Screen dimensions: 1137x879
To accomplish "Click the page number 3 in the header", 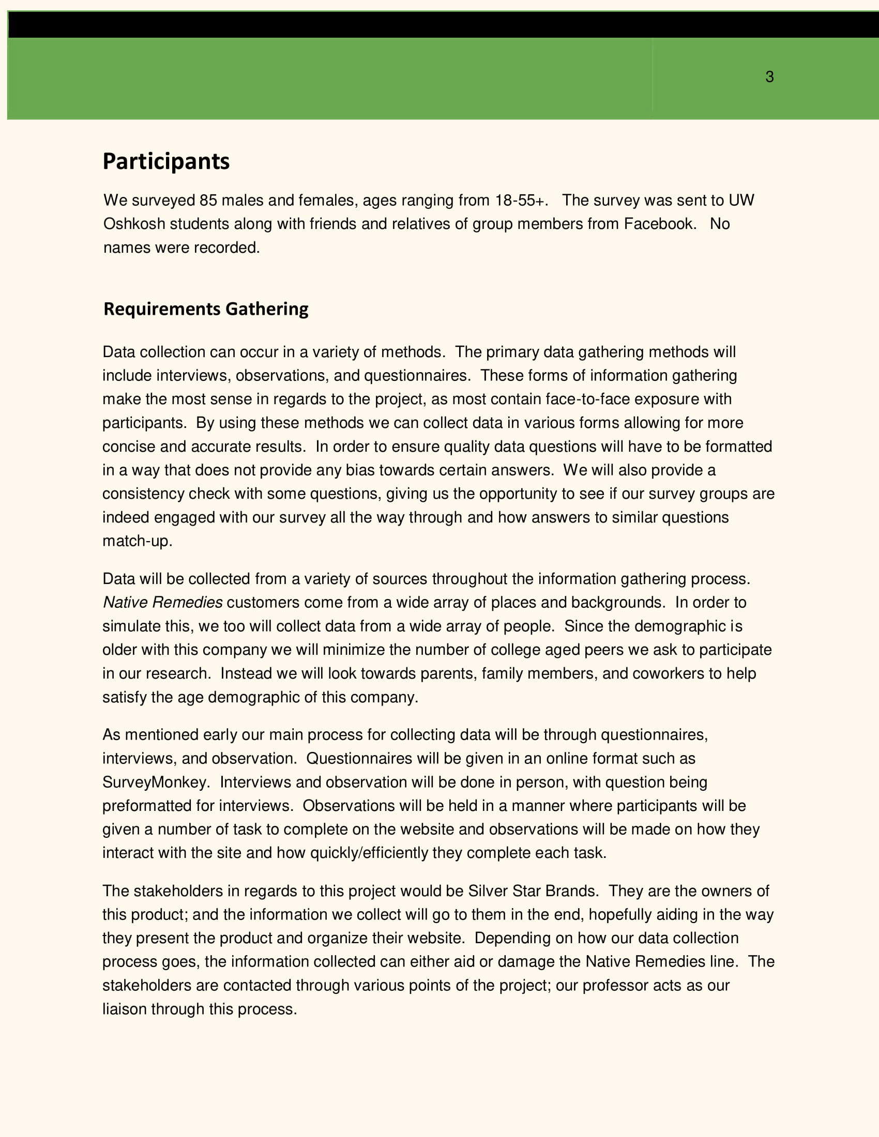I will [x=769, y=77].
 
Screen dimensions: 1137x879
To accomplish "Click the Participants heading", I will [x=166, y=161].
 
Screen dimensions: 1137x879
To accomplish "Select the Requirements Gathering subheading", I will [x=206, y=309].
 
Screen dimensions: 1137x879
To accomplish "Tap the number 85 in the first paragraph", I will [x=208, y=201].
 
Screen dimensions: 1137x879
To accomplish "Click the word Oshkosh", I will [x=134, y=224].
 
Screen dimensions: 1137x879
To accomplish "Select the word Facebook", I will [x=659, y=224].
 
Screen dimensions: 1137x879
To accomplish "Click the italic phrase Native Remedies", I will [x=162, y=602].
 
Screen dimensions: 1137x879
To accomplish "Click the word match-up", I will [x=137, y=541].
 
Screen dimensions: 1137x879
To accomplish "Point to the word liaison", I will [x=125, y=1009].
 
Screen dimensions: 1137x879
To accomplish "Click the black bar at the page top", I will [x=443, y=24].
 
